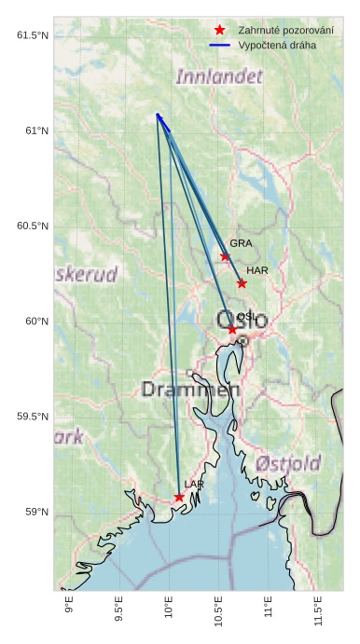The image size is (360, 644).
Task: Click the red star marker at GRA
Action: coord(225,256)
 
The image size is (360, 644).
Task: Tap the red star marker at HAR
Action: coord(242,283)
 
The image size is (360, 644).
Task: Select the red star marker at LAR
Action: coord(179,498)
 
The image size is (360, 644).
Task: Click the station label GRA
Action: coord(241,243)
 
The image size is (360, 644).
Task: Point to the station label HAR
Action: coord(257,270)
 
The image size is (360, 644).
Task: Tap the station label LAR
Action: coord(194,485)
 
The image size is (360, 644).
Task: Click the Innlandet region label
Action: coord(219,76)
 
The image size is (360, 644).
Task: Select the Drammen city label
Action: coord(190,389)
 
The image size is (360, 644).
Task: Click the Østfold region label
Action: coord(288,463)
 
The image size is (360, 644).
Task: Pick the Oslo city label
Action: coord(235,321)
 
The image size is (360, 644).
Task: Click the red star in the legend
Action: coord(219,31)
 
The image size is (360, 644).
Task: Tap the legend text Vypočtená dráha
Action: coord(277,45)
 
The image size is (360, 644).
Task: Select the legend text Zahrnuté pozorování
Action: coord(285,31)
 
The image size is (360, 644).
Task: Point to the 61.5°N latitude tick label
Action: coord(33,35)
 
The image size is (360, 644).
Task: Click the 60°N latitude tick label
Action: coord(36,322)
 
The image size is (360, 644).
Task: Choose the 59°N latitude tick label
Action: coord(36,512)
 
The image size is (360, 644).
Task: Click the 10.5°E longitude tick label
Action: coord(220,615)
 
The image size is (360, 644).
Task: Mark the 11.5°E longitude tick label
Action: coord(320,615)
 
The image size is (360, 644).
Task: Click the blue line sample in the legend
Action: coord(219,45)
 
